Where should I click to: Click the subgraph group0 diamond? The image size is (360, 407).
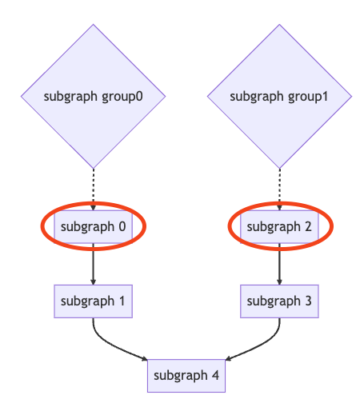[x=93, y=96]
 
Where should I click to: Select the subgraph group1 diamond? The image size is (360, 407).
[x=279, y=96]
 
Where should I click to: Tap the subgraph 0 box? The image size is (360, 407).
[x=93, y=226]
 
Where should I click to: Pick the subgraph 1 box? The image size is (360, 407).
[x=93, y=301]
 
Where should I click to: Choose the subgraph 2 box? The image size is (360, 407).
[x=279, y=226]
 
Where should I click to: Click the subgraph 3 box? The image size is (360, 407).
[x=279, y=301]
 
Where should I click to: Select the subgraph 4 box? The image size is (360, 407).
[x=186, y=376]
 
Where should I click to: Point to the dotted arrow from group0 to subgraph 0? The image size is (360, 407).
[x=93, y=190]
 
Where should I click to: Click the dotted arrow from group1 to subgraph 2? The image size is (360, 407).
[x=279, y=190]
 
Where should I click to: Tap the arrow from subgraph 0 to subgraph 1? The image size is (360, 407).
[x=93, y=264]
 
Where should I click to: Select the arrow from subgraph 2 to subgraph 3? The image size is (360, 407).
[x=279, y=264]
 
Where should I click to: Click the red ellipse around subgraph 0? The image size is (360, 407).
[x=41, y=226]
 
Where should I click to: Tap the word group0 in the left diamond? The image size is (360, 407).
[x=122, y=98]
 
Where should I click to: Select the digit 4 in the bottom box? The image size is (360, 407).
[x=215, y=375]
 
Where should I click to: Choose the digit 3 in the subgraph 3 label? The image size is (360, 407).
[x=308, y=301]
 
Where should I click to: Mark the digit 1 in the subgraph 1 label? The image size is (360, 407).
[x=122, y=301]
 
